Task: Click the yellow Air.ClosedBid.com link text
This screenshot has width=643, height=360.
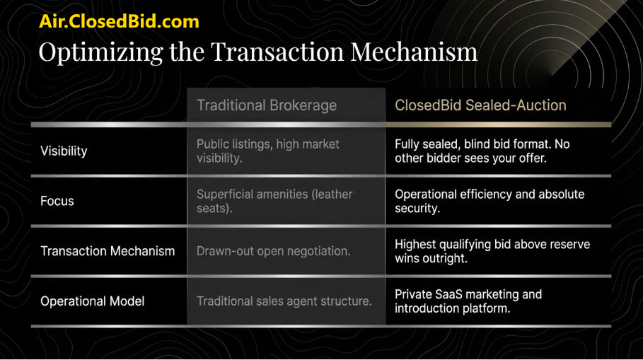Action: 119,21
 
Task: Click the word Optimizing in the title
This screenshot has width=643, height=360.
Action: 101,52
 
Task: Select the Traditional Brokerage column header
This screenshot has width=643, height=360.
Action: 267,105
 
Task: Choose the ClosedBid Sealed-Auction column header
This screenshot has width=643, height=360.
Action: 480,105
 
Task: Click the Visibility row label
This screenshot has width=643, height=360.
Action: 64,151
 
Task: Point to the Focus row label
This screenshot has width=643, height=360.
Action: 57,201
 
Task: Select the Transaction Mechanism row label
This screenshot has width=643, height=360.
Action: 108,251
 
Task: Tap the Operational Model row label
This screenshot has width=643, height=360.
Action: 92,301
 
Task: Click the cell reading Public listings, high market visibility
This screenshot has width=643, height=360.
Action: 268,151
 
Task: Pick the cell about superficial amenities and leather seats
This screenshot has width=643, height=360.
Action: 274,201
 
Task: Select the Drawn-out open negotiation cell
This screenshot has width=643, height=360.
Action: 274,251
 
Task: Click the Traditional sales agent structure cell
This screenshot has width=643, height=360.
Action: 284,301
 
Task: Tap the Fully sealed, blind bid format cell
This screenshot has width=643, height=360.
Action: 482,151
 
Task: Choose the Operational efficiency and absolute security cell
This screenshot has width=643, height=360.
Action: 490,201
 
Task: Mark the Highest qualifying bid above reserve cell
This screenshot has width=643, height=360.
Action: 492,251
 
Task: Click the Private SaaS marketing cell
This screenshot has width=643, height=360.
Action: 468,301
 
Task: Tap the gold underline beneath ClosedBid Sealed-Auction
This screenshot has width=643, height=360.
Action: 498,124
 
